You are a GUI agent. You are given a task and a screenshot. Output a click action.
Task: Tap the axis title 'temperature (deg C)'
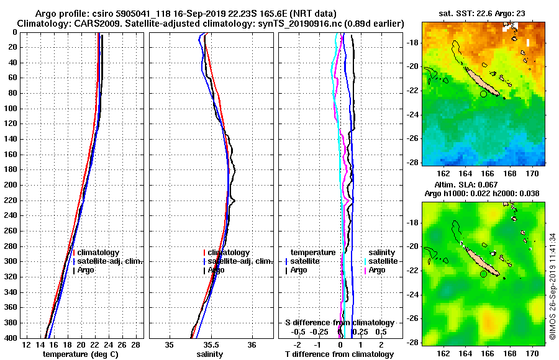(80, 354)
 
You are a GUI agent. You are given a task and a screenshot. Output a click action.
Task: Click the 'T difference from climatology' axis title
(339, 354)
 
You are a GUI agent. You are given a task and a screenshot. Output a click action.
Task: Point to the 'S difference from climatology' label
(339, 323)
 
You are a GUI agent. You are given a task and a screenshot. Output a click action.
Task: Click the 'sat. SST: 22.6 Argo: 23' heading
(483, 13)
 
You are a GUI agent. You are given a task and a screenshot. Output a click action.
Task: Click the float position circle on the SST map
(483, 94)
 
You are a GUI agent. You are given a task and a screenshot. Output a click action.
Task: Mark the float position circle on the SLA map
(483, 274)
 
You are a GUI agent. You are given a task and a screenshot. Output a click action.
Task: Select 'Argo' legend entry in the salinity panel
(216, 270)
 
